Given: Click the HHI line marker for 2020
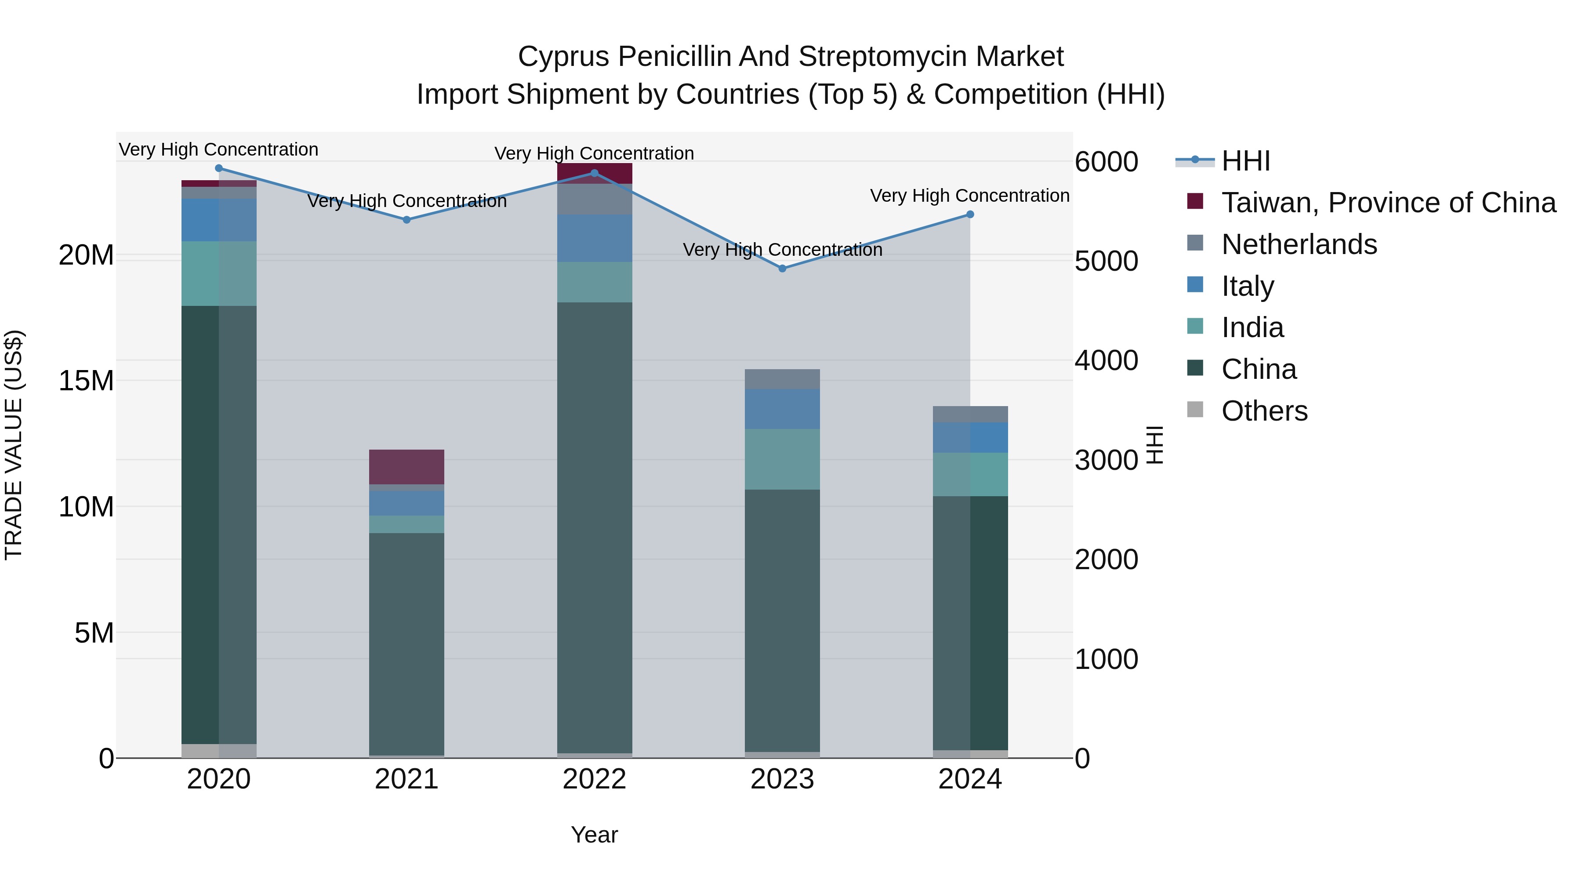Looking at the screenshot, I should [219, 168].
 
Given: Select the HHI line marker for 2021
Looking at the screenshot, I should [406, 220].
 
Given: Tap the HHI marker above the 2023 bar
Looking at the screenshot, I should [782, 269].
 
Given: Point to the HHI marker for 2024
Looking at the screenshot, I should [970, 214].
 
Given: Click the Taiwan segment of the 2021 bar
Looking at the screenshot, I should [406, 467].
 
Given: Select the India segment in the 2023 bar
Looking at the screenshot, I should [782, 459].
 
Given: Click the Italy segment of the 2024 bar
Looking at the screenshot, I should [970, 437].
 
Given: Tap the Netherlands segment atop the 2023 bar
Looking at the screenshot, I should [782, 379].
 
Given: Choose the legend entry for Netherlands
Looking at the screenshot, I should [1299, 244].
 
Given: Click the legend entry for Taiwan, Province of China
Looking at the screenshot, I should [1388, 203].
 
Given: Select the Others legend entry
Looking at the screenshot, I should [1264, 411].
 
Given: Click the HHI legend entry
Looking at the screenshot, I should [1245, 161].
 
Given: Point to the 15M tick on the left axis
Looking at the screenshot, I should [86, 381].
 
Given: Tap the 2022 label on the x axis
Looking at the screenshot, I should [595, 779].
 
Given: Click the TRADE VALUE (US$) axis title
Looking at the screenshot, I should [14, 445].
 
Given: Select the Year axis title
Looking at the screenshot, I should [595, 835].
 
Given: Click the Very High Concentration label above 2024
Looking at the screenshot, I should [970, 196].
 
